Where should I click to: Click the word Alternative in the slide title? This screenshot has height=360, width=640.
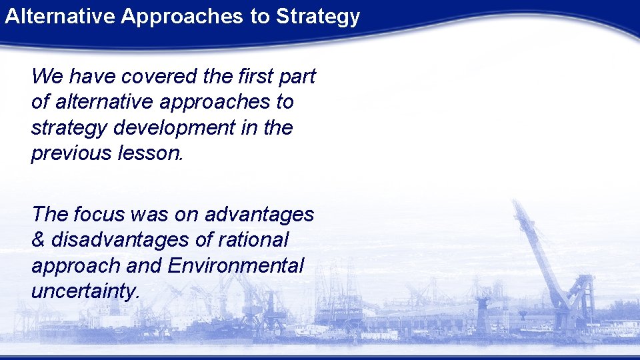click(x=60, y=17)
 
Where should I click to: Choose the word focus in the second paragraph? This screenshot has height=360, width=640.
click(x=99, y=214)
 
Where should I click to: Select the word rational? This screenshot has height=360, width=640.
click(x=257, y=239)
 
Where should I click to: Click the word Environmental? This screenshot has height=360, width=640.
click(x=236, y=265)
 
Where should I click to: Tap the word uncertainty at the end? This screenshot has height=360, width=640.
click(x=85, y=291)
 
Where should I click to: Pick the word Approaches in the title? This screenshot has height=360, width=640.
click(x=183, y=17)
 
